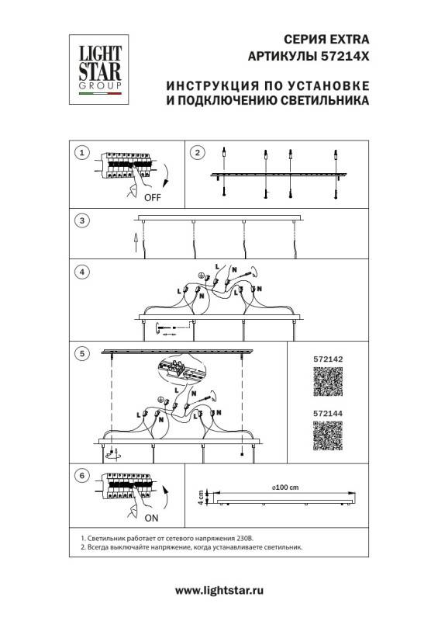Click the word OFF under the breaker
153,198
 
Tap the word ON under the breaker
151,517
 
